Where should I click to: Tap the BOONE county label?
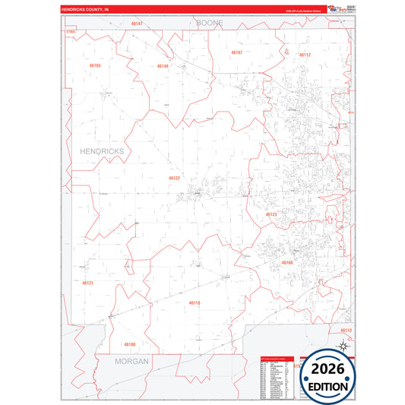210,24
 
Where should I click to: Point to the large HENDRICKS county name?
101,151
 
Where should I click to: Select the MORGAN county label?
132,361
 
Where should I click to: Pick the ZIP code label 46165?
95,65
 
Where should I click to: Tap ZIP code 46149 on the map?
162,66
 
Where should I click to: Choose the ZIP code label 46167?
236,52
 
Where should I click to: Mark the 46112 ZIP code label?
305,55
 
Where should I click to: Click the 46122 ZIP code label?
174,178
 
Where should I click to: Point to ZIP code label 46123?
271,215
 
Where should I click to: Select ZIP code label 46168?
287,262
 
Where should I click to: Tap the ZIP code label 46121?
87,283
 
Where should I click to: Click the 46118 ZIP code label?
195,302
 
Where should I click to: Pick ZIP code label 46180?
130,344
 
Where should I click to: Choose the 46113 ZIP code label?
346,331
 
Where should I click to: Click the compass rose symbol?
342,346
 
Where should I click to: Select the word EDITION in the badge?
329,386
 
